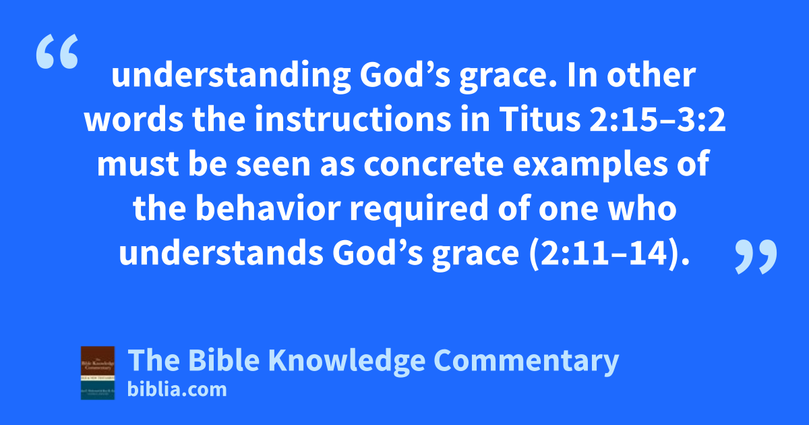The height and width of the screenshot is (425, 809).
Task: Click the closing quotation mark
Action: tap(756, 256)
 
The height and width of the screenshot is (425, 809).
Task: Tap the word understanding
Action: tap(231, 77)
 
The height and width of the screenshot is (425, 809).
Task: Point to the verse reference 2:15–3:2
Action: tap(657, 120)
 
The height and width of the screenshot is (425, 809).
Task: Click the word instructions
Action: tap(353, 120)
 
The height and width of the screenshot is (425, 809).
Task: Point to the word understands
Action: tap(221, 253)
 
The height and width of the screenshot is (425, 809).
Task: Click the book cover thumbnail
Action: tap(98, 372)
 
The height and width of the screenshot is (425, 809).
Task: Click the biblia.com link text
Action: tap(177, 390)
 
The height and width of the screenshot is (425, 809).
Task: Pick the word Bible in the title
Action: tap(224, 360)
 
